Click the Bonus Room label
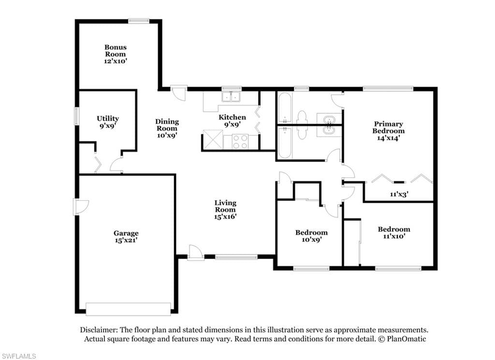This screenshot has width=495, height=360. pyautogui.click(x=116, y=51)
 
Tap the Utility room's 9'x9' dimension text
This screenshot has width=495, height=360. pyautogui.click(x=107, y=125)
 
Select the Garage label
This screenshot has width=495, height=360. pyautogui.click(x=126, y=233)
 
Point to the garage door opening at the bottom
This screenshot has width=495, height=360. pyautogui.click(x=128, y=309)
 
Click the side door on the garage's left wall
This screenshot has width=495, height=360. pyautogui.click(x=81, y=207)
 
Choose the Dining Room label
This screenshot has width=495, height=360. pyautogui.click(x=167, y=125)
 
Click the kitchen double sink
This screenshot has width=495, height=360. pyautogui.click(x=231, y=96)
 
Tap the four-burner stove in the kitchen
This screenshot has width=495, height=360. pyautogui.click(x=240, y=141)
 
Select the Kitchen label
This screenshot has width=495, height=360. pyautogui.click(x=233, y=117)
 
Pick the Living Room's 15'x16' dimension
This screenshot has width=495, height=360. pyautogui.click(x=225, y=216)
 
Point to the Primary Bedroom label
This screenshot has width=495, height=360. pyautogui.click(x=388, y=127)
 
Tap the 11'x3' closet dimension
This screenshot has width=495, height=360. pyautogui.click(x=399, y=194)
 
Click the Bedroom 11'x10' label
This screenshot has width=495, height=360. pyautogui.click(x=394, y=233)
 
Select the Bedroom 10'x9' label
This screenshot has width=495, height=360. pyautogui.click(x=311, y=236)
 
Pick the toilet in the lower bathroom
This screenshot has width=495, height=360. pyautogui.click(x=302, y=133)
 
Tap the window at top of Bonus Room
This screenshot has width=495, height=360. pyautogui.click(x=139, y=21)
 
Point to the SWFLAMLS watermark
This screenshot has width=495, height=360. pyautogui.click(x=18, y=356)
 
